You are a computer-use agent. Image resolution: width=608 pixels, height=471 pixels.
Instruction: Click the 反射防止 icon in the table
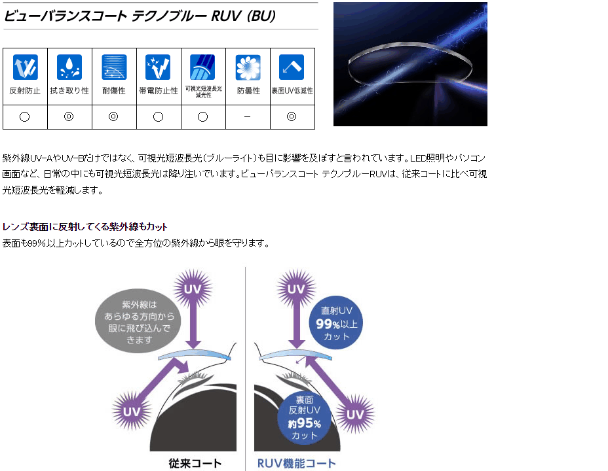pyautogui.click(x=25, y=67)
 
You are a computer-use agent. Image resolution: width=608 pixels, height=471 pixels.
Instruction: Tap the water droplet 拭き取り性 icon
pyautogui.click(x=69, y=67)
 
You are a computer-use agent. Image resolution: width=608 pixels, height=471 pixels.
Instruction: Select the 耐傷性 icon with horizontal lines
pyautogui.click(x=114, y=67)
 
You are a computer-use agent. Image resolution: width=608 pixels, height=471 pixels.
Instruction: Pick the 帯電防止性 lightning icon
pyautogui.click(x=158, y=67)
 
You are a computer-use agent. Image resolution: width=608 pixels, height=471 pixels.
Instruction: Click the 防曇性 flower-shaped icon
pyautogui.click(x=248, y=67)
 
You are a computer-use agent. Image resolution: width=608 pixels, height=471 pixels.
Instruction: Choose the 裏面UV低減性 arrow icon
pyautogui.click(x=292, y=67)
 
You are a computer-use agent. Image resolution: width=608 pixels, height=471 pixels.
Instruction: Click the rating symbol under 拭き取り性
pyautogui.click(x=69, y=117)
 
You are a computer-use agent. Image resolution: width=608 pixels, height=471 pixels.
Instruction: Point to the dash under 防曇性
pyautogui.click(x=248, y=117)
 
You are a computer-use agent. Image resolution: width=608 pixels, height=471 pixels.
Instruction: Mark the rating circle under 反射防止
pyautogui.click(x=25, y=117)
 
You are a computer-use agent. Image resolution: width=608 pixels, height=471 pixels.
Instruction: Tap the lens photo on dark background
pyautogui.click(x=410, y=63)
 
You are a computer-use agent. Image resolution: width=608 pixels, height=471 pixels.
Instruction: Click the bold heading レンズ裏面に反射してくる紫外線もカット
pyautogui.click(x=85, y=227)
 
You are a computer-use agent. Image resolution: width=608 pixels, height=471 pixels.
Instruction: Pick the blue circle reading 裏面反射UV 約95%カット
pyautogui.click(x=305, y=418)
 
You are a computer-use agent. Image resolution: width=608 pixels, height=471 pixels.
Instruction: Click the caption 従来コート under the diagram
pyautogui.click(x=195, y=463)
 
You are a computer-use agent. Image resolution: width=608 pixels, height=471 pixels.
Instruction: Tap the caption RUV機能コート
pyautogui.click(x=296, y=463)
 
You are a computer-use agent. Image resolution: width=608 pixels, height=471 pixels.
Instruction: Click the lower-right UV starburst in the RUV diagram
pyautogui.click(x=354, y=414)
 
